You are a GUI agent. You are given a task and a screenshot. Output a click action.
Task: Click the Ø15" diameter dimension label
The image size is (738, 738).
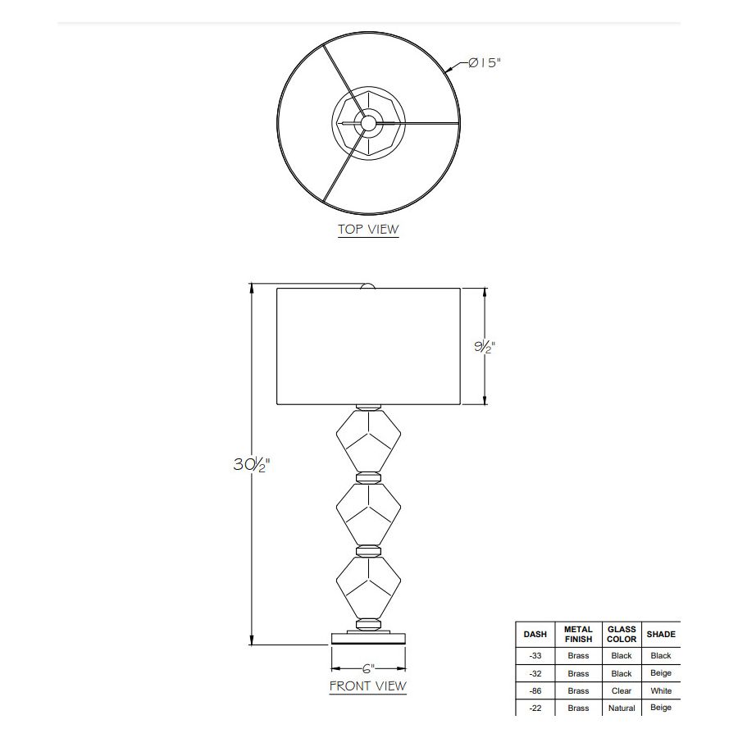(x=485, y=62)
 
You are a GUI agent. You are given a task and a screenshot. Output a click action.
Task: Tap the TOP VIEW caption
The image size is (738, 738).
(x=368, y=230)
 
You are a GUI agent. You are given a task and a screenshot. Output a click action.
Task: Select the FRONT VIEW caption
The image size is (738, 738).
(x=367, y=686)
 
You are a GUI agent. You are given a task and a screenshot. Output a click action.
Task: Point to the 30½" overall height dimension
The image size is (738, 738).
(x=252, y=465)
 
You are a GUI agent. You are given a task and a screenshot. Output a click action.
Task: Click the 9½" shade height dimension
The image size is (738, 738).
(x=485, y=347)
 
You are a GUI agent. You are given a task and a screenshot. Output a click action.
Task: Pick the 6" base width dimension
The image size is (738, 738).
(x=368, y=668)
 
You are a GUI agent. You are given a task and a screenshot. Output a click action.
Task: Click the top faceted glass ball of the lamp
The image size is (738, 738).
(x=368, y=440)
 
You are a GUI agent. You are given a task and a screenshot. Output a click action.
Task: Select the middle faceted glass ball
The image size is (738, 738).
(x=368, y=514)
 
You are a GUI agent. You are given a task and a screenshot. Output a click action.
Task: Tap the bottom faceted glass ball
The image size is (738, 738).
(x=368, y=588)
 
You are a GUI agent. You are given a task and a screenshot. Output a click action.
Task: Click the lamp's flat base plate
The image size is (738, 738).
(x=368, y=639)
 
